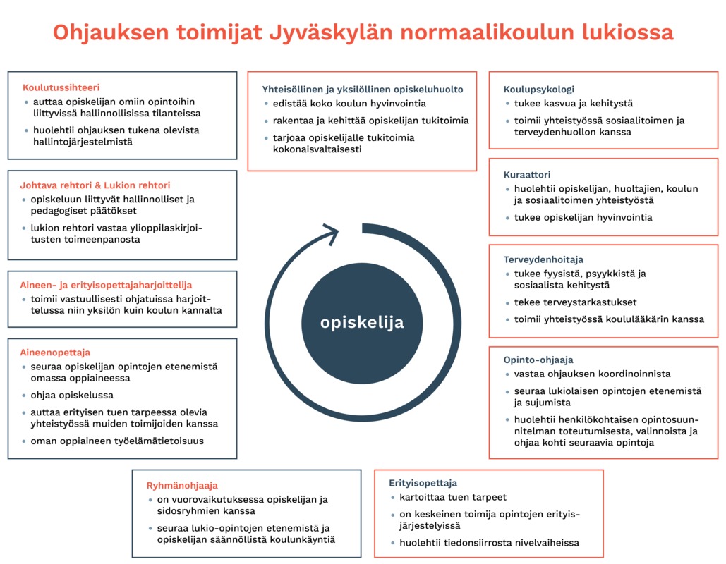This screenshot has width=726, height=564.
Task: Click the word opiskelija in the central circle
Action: pyautogui.click(x=362, y=323)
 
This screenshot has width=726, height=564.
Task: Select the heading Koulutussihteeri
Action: pyautogui.click(x=61, y=88)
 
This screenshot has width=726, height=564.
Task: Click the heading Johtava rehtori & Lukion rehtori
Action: pyautogui.click(x=95, y=185)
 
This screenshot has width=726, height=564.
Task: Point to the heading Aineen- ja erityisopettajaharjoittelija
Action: pyautogui.click(x=106, y=285)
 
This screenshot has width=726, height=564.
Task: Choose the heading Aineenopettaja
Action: pyautogui.click(x=55, y=352)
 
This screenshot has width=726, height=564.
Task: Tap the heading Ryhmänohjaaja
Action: pyautogui.click(x=182, y=485)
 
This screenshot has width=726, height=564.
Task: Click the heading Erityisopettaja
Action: pyautogui.click(x=423, y=483)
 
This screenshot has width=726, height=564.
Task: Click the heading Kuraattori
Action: pyautogui.click(x=527, y=174)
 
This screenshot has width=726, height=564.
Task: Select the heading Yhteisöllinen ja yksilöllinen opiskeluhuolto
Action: pyautogui.click(x=363, y=90)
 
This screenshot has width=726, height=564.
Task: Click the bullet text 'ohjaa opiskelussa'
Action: pyautogui.click(x=72, y=395)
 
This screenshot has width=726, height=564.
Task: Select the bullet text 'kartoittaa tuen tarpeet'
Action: pyautogui.click(x=453, y=497)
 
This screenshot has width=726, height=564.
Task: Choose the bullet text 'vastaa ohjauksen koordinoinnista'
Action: pyautogui.click(x=593, y=374)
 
